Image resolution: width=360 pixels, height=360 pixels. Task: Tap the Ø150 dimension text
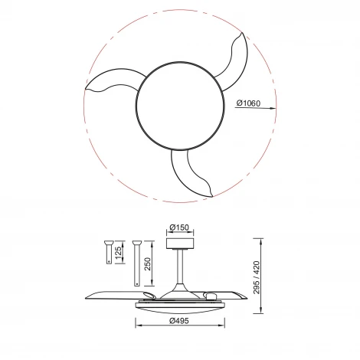180,227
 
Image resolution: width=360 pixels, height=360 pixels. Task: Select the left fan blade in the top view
111,85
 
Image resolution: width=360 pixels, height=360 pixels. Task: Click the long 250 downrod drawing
136,265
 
